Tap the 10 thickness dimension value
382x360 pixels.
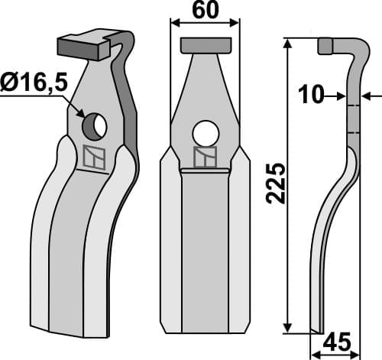coord(311,96)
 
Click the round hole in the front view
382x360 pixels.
coord(204,132)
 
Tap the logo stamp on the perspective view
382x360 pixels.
coord(92,157)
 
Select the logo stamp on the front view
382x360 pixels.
coord(204,157)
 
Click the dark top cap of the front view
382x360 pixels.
coord(204,45)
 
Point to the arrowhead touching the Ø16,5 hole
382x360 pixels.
coord(80,114)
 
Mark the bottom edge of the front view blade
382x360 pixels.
coord(204,332)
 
